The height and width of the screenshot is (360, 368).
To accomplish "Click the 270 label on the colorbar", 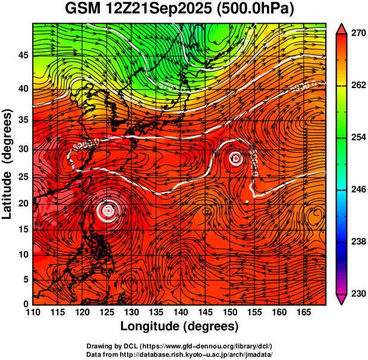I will (357, 33).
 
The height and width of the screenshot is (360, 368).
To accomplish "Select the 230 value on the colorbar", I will (357, 293).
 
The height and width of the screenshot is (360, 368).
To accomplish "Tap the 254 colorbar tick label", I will (357, 137).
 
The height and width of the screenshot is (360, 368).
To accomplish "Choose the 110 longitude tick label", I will (33, 311).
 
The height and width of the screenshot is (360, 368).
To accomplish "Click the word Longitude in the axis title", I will (154, 326).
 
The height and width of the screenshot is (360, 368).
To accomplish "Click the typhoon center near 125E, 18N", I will (108, 210).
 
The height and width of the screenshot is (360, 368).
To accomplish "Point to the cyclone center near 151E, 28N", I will (236, 158).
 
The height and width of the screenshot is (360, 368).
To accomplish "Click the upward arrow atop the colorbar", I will (342, 27).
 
